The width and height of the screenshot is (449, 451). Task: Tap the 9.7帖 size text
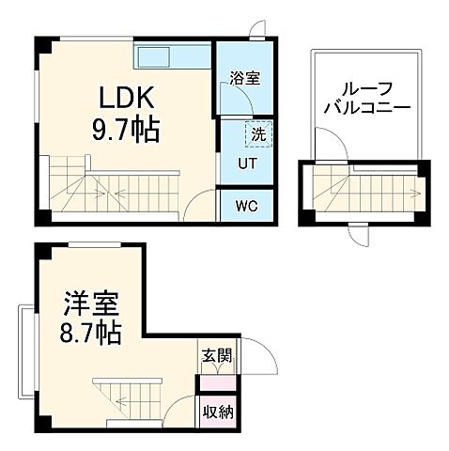pyautogui.click(x=124, y=129)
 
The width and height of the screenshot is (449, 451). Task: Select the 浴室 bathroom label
pyautogui.click(x=245, y=80)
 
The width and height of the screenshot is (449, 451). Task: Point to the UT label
pyautogui.click(x=241, y=161)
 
